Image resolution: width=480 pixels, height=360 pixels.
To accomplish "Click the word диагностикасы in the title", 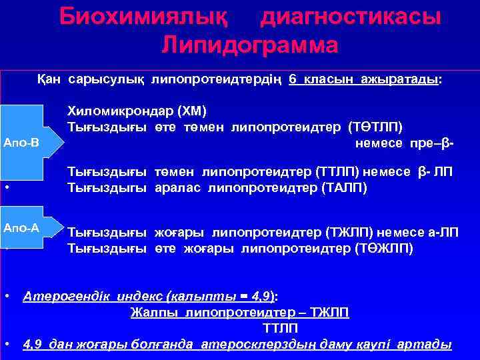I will coord(350,17).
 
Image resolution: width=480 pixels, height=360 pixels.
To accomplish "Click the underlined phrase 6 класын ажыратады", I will coord(363,79).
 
